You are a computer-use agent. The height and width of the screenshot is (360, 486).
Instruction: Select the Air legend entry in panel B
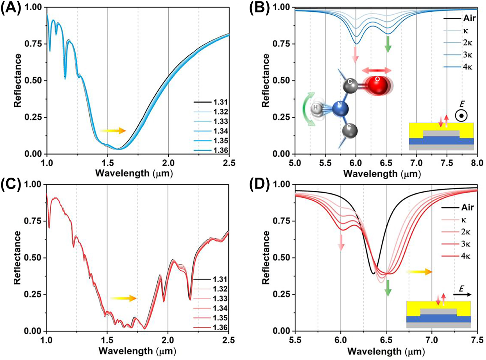pos(469,18)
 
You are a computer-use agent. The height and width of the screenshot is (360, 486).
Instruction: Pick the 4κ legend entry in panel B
pos(468,67)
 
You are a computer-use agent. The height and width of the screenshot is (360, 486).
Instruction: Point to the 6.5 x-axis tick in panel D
pos(386,340)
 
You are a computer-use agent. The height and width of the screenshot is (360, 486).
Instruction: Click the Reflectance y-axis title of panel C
pos(17,257)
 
